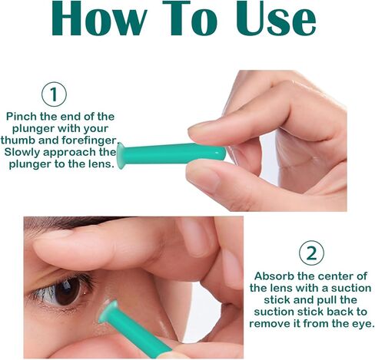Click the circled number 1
54,95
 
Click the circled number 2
311,253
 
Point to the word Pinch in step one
23,117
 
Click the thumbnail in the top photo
203,127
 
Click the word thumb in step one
22,140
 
